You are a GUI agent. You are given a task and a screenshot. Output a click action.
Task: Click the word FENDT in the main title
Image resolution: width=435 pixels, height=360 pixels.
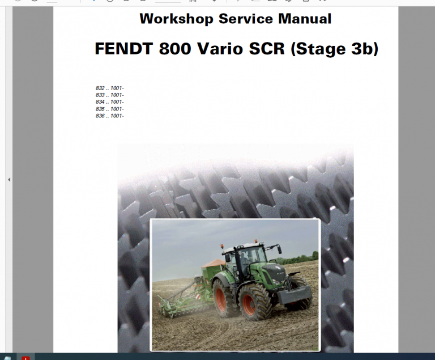[124, 49]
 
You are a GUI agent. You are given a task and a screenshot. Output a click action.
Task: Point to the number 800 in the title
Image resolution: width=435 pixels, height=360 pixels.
[175, 49]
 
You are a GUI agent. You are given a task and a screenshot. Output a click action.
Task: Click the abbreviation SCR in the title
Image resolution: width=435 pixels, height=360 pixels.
[268, 49]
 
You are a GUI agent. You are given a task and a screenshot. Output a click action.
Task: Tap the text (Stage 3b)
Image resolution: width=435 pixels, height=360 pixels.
[334, 49]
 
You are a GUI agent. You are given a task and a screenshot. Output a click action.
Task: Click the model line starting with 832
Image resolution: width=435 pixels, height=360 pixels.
[109, 88]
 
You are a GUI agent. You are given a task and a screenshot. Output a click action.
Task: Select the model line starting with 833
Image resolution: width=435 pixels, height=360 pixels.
[109, 95]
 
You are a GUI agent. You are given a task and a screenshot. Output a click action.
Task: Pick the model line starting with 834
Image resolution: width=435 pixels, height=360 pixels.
[109, 102]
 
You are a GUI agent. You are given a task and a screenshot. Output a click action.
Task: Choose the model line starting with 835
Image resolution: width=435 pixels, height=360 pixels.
[109, 109]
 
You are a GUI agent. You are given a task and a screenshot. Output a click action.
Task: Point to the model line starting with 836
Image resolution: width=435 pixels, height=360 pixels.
[109, 116]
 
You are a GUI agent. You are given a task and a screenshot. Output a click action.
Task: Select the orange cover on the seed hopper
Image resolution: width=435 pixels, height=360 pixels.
[213, 263]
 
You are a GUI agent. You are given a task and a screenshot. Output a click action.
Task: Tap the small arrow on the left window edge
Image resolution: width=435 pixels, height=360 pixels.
[8, 180]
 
